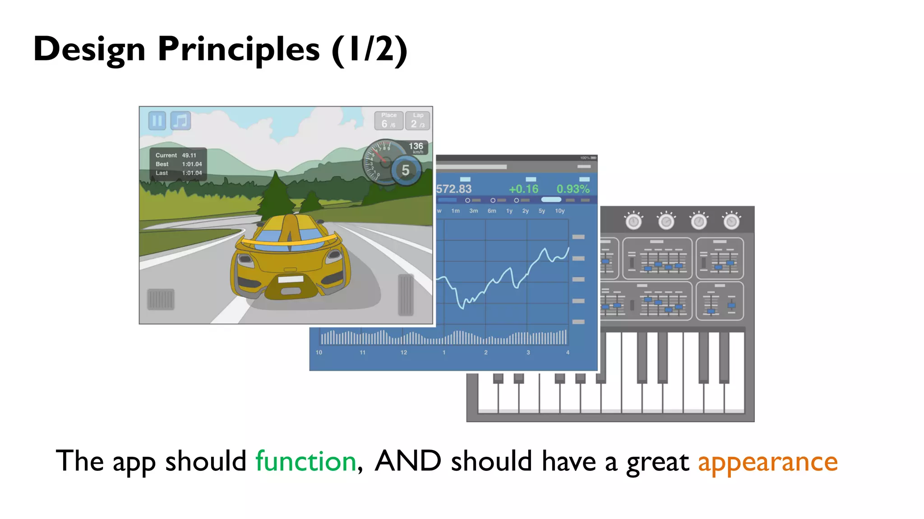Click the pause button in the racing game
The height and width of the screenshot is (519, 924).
tap(157, 121)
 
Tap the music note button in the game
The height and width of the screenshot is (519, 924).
tap(180, 121)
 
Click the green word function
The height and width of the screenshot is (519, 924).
tap(306, 461)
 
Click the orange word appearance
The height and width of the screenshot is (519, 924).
tap(767, 462)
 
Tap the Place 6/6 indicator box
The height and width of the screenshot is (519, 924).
tap(388, 121)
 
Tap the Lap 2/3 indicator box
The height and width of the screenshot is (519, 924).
tap(418, 121)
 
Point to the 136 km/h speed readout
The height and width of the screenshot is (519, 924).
tap(416, 147)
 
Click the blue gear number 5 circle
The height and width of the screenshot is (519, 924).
tap(406, 170)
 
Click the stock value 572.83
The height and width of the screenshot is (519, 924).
tap(454, 189)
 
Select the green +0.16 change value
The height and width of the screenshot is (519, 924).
tap(523, 189)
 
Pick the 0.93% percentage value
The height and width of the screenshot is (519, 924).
tap(573, 189)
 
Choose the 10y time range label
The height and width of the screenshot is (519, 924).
tap(560, 211)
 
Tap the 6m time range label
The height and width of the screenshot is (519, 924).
tap(492, 211)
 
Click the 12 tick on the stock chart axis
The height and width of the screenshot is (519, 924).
tap(404, 352)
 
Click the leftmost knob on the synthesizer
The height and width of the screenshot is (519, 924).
tap(633, 221)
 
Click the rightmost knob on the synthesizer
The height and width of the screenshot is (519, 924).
tap(731, 221)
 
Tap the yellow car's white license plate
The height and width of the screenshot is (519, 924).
tap(291, 279)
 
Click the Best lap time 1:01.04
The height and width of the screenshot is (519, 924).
tap(192, 164)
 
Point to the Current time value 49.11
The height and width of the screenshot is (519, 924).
tap(189, 155)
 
